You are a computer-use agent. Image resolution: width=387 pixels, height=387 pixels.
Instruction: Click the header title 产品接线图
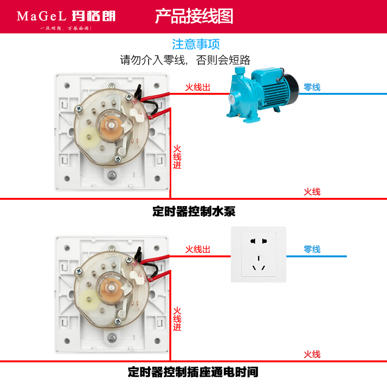194,16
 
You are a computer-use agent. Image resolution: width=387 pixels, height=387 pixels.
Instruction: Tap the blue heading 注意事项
196,44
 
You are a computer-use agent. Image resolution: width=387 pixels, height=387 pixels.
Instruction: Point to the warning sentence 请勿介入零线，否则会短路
185,60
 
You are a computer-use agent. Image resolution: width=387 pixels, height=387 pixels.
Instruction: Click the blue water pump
261,94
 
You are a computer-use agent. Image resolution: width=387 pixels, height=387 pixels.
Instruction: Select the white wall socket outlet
258,254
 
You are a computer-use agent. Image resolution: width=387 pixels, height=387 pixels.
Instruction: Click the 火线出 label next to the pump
198,88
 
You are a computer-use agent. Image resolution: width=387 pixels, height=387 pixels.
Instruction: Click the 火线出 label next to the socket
198,250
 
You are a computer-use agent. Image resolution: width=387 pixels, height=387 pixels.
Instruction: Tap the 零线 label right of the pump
312,88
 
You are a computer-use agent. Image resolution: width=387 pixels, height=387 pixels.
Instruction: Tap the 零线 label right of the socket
312,250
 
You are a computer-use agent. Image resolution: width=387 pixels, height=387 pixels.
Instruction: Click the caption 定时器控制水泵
193,211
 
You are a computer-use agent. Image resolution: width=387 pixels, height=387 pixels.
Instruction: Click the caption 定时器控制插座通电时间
193,372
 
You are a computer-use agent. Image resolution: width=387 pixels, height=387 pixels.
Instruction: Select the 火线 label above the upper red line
312,192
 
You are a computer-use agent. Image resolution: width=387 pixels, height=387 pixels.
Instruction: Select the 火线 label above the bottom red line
312,354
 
